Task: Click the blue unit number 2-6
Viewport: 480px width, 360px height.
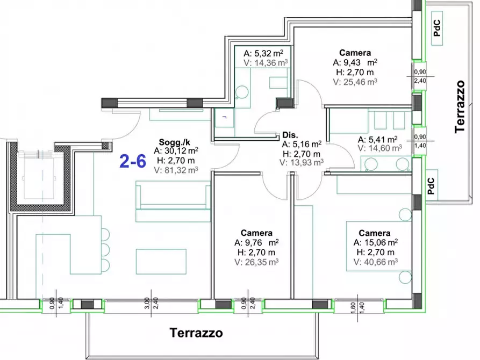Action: point(132,161)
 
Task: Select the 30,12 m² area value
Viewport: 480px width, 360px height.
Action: point(176,150)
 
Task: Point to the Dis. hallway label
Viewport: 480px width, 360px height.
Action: point(290,135)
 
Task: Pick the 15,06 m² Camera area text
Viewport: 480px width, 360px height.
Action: point(375,243)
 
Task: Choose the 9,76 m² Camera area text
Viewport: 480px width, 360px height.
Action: point(259,242)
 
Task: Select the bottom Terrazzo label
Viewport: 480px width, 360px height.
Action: point(196,333)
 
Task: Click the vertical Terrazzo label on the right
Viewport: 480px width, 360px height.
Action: point(459,106)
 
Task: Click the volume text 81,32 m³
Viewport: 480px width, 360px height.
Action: point(176,169)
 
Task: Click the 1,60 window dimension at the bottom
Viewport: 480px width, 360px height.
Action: point(338,306)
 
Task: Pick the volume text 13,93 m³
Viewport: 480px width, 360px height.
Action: point(302,162)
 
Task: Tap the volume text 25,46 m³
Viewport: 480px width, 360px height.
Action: point(355,82)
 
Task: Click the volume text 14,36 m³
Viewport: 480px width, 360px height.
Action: point(266,62)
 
